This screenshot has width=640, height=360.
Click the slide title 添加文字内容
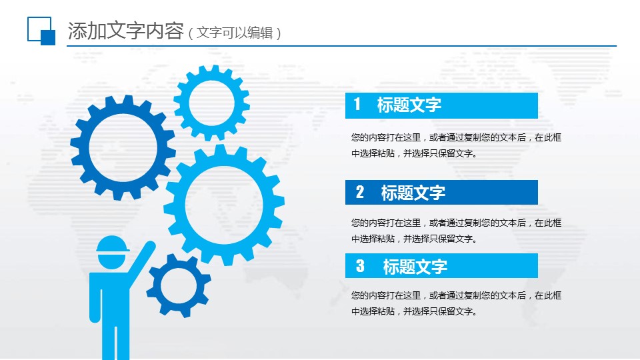[126, 31]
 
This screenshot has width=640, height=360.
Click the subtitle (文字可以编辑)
[235, 33]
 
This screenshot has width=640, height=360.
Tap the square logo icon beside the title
[41, 31]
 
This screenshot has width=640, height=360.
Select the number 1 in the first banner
[357, 105]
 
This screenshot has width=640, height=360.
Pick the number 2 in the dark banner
[359, 192]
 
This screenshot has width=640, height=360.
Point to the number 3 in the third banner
[360, 266]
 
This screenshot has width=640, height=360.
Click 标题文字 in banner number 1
[409, 105]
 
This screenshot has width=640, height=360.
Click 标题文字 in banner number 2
[413, 193]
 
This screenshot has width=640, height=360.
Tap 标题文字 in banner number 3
[415, 267]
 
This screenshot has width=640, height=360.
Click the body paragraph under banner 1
[456, 145]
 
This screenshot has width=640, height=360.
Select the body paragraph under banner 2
[456, 231]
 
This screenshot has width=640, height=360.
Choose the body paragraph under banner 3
[456, 303]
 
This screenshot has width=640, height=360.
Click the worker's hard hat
[112, 245]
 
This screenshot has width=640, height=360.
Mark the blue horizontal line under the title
[341, 46]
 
